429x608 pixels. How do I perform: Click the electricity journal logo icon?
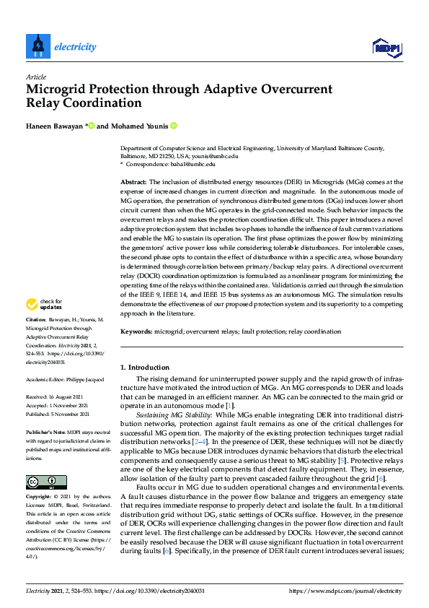click(37, 46)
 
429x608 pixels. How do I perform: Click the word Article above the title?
click(35, 77)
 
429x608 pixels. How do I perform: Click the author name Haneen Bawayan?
click(55, 126)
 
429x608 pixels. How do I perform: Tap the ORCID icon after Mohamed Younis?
click(174, 126)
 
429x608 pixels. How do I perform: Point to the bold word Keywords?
click(136, 331)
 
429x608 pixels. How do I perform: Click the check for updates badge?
click(44, 305)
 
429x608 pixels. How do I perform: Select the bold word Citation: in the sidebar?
click(36, 318)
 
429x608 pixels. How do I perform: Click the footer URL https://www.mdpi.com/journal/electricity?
click(347, 591)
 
